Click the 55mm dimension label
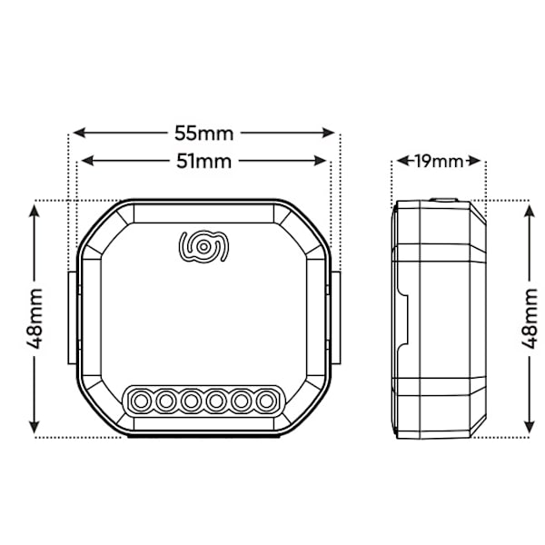[203, 134]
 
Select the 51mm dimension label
[203, 162]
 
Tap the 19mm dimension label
[440, 162]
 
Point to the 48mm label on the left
[35, 319]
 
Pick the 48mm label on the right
[530, 319]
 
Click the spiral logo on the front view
[203, 246]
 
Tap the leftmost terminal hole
[141, 401]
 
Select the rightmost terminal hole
[266, 401]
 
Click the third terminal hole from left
[191, 401]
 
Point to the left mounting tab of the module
[73, 318]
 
